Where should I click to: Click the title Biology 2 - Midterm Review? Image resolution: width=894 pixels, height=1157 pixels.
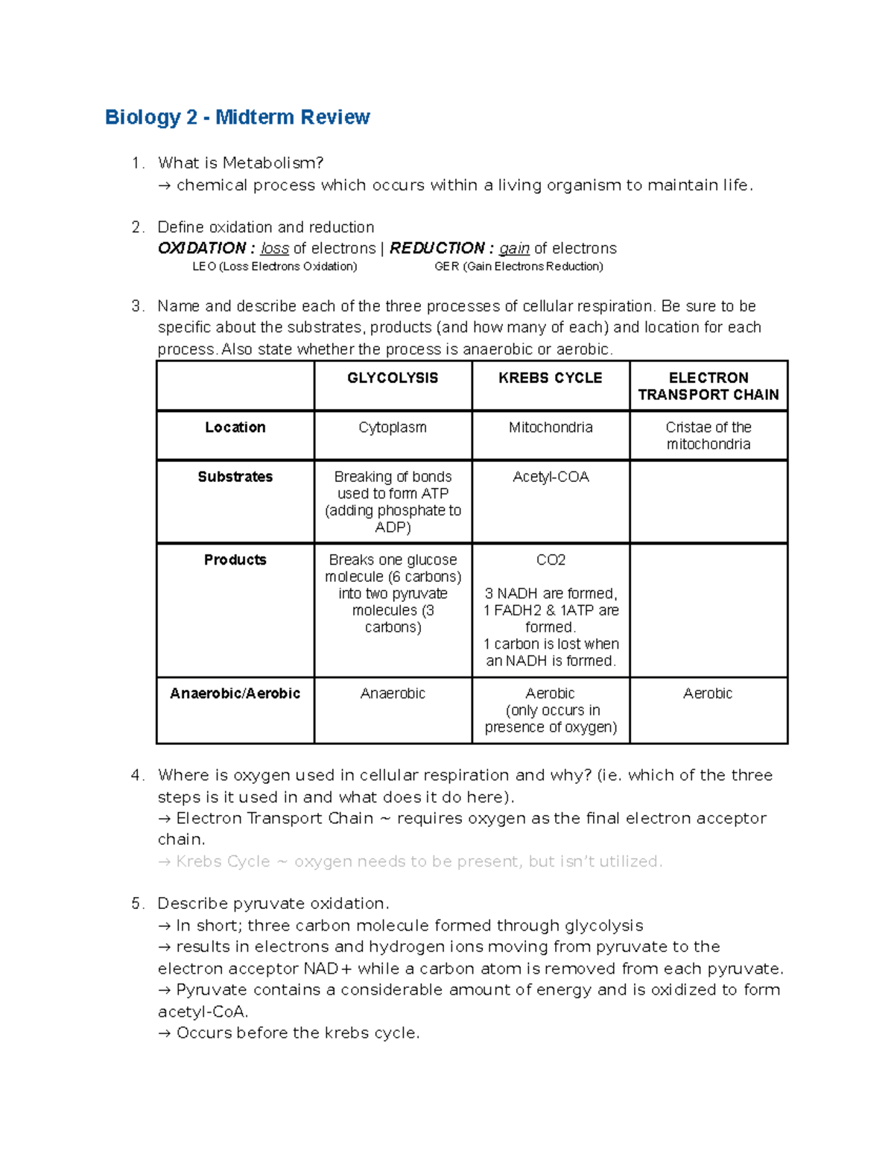click(x=237, y=117)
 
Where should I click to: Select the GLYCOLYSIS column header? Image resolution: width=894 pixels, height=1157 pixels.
click(x=393, y=378)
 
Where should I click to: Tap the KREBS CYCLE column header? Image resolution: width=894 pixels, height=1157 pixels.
click(x=550, y=378)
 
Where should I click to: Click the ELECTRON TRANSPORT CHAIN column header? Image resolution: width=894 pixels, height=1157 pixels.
click(x=708, y=386)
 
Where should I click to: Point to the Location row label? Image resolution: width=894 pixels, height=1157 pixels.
click(x=235, y=428)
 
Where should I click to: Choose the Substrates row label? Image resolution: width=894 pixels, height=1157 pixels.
click(x=235, y=477)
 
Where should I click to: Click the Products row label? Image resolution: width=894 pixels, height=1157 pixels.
click(x=235, y=560)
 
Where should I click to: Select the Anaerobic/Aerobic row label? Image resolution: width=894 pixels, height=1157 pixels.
click(x=235, y=694)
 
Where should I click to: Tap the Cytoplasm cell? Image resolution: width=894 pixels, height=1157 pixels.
click(x=393, y=428)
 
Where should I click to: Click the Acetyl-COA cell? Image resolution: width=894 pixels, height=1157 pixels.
click(x=551, y=477)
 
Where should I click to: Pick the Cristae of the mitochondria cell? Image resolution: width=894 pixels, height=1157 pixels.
click(x=708, y=436)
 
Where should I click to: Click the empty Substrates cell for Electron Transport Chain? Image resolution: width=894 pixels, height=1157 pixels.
click(x=708, y=501)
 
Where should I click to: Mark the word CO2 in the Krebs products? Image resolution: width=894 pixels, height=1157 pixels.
click(x=551, y=560)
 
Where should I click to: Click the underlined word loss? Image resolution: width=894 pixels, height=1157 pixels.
click(x=274, y=249)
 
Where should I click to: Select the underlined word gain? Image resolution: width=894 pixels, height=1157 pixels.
click(x=514, y=249)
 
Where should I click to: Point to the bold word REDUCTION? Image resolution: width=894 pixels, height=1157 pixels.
click(x=437, y=249)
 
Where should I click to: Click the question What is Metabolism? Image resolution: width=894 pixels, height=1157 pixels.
click(x=241, y=163)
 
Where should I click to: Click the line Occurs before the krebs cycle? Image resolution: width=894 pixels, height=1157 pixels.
click(x=289, y=1033)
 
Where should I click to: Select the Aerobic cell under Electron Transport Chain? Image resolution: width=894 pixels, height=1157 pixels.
click(x=708, y=694)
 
